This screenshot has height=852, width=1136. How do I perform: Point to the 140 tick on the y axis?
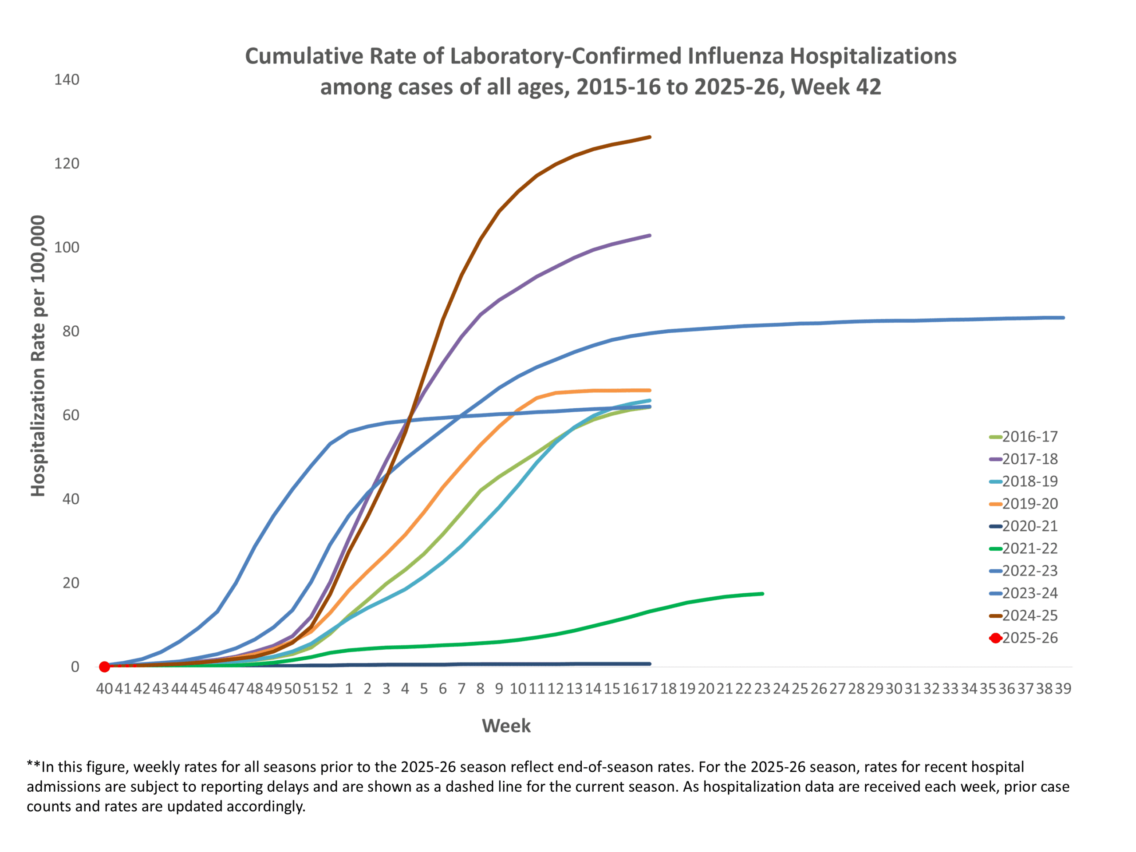(67, 79)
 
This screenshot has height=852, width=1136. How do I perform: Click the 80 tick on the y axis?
(71, 331)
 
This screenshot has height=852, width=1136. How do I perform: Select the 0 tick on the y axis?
(75, 667)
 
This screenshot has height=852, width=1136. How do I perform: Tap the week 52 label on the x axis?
(330, 689)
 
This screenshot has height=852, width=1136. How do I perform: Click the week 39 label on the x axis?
(1063, 689)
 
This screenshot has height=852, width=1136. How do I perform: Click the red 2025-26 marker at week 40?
(104, 667)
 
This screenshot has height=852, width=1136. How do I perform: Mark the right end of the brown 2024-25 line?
(650, 137)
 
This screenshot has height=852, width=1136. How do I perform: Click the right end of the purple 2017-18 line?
(650, 236)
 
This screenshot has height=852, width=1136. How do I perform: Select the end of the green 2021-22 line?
(763, 594)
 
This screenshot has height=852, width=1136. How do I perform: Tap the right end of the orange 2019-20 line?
(650, 390)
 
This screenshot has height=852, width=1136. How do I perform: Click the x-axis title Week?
(506, 726)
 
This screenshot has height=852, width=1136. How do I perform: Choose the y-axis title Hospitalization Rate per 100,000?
(38, 355)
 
